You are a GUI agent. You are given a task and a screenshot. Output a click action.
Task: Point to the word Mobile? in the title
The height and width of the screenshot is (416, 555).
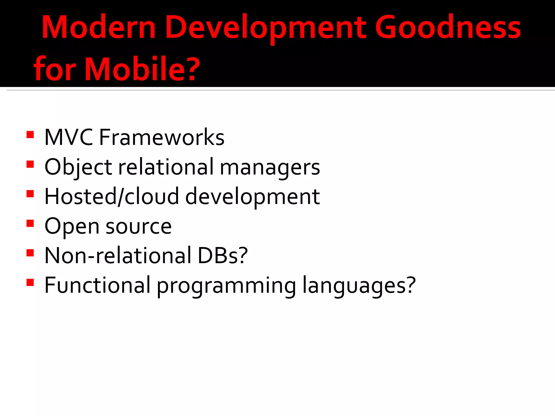coord(142,69)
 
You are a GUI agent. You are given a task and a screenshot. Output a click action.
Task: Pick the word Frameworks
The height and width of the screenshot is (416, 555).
coord(162,137)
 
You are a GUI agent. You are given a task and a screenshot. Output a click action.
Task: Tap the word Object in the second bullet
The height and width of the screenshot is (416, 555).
coord(78,167)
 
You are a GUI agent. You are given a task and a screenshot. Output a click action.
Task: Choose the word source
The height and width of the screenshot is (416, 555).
coord(138,226)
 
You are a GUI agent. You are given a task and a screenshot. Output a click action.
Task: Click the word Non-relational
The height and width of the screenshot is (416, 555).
coord(118,256)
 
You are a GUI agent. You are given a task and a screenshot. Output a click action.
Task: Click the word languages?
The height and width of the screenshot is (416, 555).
coord(359,286)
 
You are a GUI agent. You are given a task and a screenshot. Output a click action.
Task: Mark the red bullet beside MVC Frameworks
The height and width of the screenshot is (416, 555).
coord(30,135)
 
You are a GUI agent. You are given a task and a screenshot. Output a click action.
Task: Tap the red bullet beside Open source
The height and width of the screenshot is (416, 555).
coord(30,223)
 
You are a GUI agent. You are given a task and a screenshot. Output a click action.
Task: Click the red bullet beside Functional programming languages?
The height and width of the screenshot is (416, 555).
coord(30,282)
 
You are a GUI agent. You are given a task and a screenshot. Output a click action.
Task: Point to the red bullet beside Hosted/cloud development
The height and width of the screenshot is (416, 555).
coord(30,194)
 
